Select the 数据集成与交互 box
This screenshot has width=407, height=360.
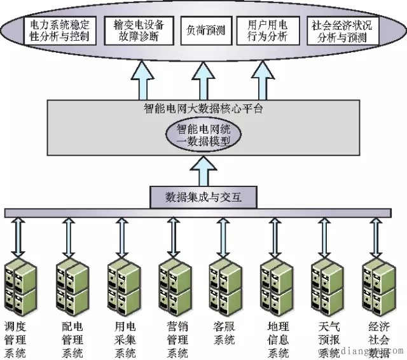pyautogui.click(x=203, y=197)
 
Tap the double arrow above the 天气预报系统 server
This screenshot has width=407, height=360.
pyautogui.click(x=324, y=236)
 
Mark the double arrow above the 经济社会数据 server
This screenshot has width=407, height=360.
pyautogui.click(x=375, y=236)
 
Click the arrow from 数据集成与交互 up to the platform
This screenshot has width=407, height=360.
pyautogui.click(x=203, y=170)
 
